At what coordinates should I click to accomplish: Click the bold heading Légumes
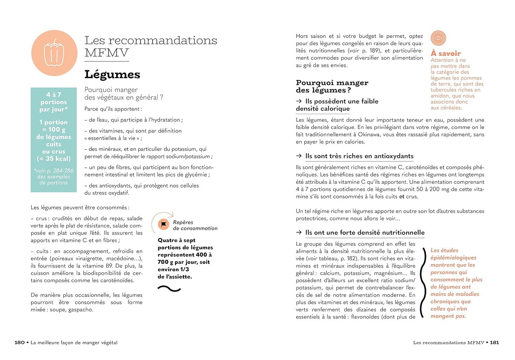(x=112, y=74)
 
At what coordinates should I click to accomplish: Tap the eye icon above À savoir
(x=438, y=38)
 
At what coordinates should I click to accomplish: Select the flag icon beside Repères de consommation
(x=163, y=224)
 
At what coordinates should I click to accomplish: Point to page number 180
(x=20, y=342)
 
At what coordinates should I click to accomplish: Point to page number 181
(x=494, y=342)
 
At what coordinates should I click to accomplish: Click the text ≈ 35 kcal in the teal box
(x=54, y=159)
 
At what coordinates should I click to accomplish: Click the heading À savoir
(x=446, y=54)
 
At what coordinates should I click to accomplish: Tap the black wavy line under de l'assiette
(x=169, y=289)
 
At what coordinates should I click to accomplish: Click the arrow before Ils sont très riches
(x=299, y=156)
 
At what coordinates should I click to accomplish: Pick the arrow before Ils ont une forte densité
(x=299, y=233)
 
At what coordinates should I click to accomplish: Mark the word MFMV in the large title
(x=106, y=53)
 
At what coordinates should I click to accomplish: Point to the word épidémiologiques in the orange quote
(x=453, y=258)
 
